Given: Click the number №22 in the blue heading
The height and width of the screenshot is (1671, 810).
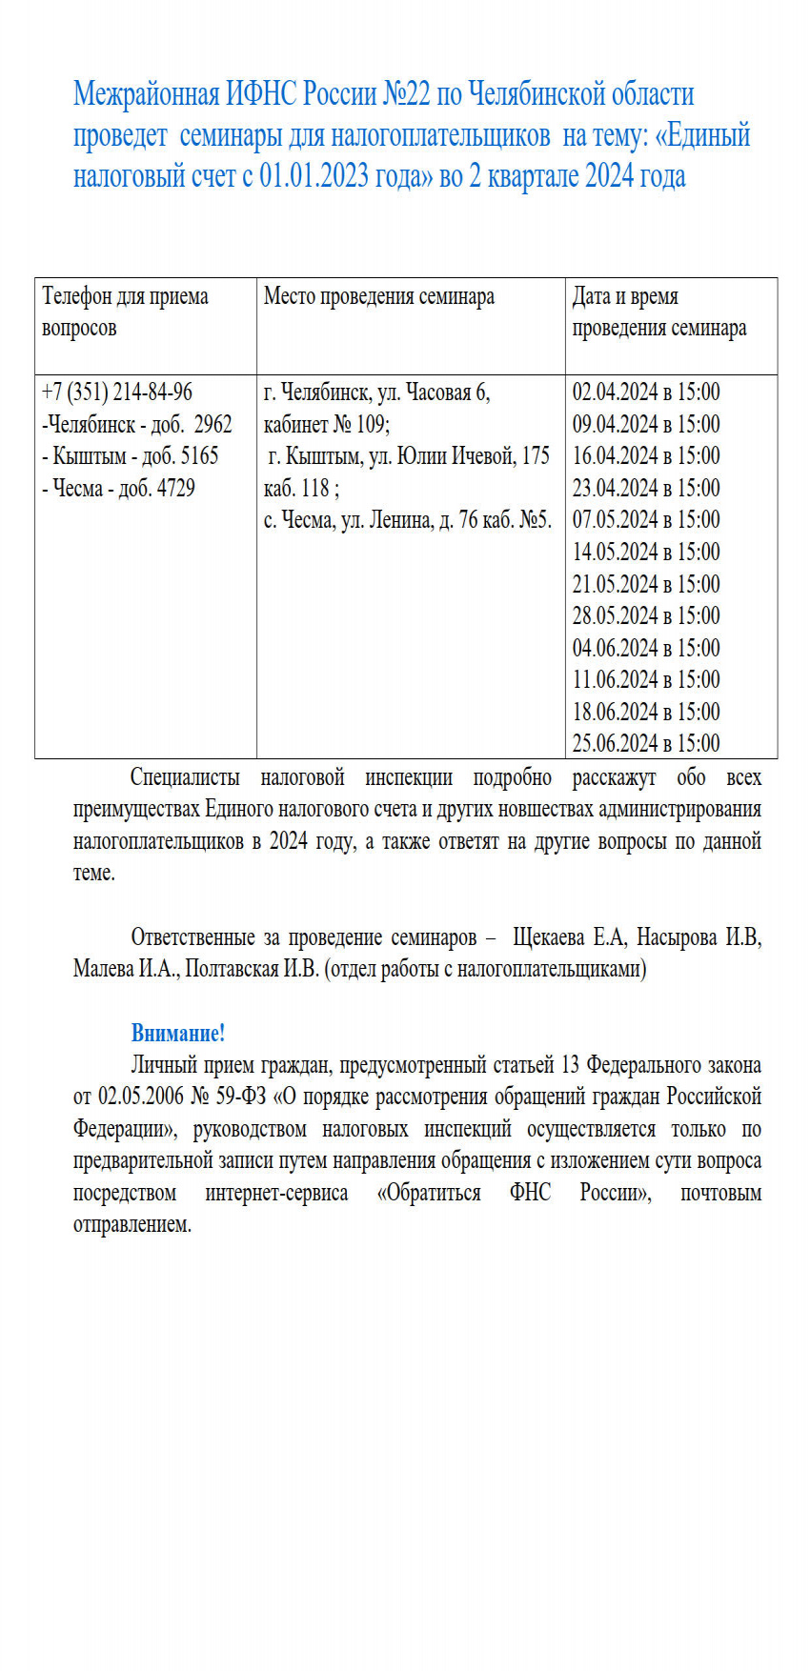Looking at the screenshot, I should coord(407,94).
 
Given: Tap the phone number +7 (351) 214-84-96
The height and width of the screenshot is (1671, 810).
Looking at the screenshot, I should coord(117,392).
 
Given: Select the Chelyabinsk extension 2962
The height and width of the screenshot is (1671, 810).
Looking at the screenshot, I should coord(213,424).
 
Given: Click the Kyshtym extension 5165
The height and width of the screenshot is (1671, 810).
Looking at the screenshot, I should coord(199,455).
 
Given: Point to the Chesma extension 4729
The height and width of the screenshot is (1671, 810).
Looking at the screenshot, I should coord(175,488).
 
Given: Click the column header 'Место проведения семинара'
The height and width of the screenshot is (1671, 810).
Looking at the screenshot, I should coord(378,296).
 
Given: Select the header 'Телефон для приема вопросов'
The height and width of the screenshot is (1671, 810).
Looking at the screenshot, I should coord(125,312).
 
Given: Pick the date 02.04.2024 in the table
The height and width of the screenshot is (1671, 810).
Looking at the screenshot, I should coord(615,392).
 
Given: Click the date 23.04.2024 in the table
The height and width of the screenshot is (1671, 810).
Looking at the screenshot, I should coord(615,488).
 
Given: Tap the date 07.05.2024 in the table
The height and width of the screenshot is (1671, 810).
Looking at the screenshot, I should coord(615,519).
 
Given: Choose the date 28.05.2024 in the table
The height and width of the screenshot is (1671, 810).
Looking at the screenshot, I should coord(615,615).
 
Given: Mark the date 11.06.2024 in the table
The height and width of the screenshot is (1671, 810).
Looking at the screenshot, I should coord(615,679).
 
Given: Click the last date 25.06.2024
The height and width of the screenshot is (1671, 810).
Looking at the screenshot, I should coord(615,743).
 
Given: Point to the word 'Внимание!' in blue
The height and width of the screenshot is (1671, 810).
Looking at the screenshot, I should coord(178,1033).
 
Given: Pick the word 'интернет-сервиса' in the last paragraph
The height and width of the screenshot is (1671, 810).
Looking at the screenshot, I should coord(276,1193).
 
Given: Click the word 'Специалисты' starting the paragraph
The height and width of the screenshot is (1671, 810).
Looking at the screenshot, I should coord(185,777).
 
